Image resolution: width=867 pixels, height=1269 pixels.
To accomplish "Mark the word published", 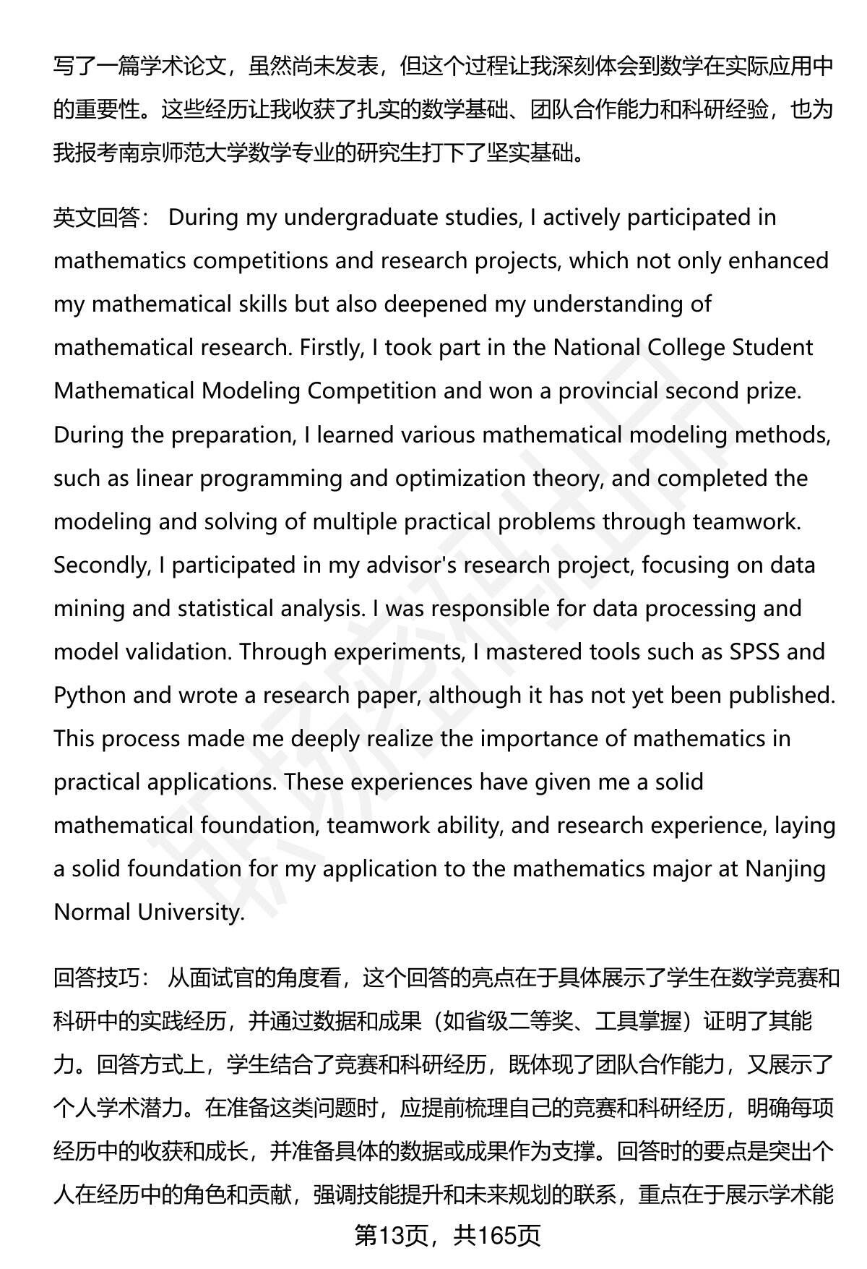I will [781, 695].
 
